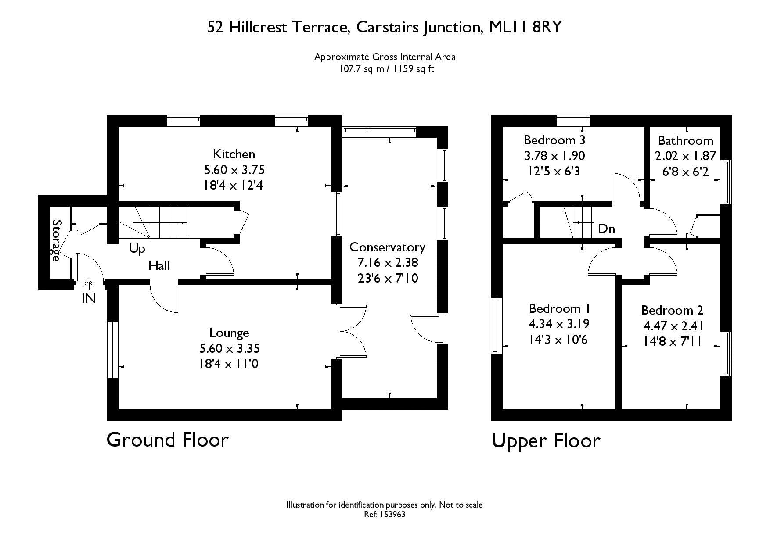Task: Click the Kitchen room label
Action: [x=234, y=154]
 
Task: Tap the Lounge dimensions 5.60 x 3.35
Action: [x=230, y=348]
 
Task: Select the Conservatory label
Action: [x=387, y=247]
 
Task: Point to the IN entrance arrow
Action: [x=89, y=285]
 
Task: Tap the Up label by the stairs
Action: [x=137, y=249]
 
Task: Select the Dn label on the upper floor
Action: [x=606, y=229]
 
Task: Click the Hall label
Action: [x=159, y=265]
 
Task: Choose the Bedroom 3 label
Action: [x=554, y=140]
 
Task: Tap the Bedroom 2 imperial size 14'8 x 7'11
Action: [x=673, y=341]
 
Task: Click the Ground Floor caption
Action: [x=168, y=440]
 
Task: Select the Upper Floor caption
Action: [x=546, y=440]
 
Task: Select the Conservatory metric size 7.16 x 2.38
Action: [x=388, y=263]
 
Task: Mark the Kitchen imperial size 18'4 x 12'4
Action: [x=234, y=185]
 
